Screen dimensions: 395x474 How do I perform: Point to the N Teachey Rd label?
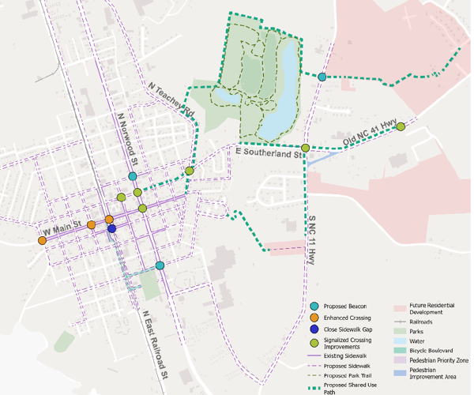pos(171,100)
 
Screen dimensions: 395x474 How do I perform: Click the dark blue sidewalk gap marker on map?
pos(112,229)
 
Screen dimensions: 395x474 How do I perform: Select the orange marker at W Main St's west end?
pos(42,240)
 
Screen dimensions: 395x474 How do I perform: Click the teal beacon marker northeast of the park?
pos(322,77)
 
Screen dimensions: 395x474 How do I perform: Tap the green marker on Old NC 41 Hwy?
pos(401,126)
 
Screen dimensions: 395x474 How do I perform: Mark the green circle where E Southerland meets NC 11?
pos(305,148)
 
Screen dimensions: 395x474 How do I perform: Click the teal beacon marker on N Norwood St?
pos(133,176)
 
